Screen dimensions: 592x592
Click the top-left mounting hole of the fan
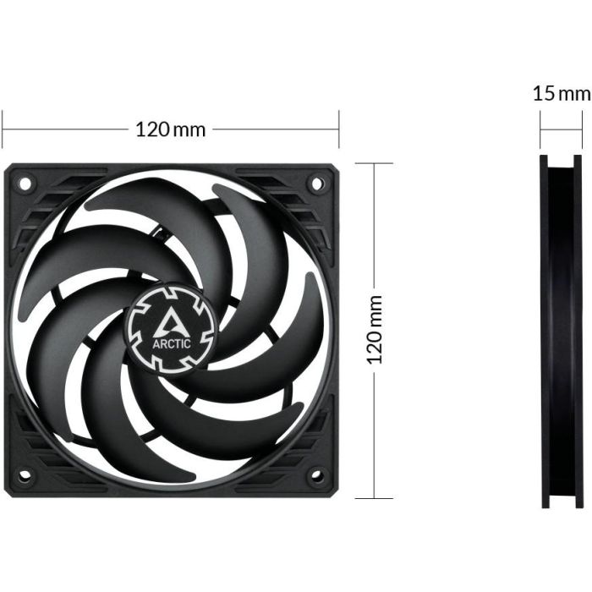click(x=25, y=183)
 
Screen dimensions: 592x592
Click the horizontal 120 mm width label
click(x=171, y=129)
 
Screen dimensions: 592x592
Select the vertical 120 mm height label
click(x=375, y=330)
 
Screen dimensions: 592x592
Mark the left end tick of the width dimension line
click(x=3, y=129)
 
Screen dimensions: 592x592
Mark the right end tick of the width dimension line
click(x=338, y=129)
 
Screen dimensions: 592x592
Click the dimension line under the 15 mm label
click(x=562, y=129)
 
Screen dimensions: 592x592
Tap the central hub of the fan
click(x=172, y=326)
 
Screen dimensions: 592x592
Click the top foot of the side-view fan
click(x=562, y=161)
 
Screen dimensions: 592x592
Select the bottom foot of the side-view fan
click(x=562, y=502)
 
